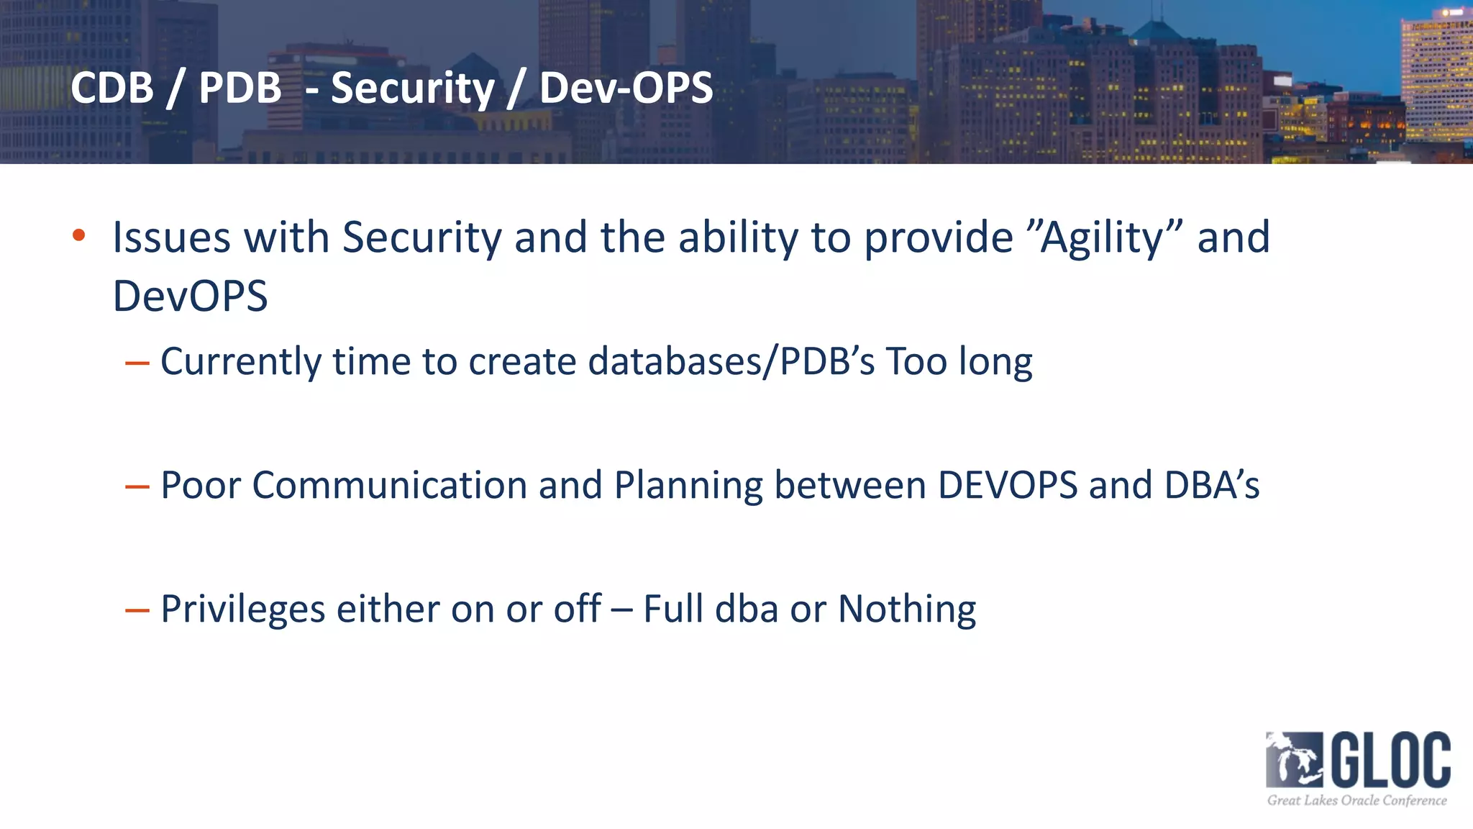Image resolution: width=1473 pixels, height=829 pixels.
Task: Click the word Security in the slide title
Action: click(413, 89)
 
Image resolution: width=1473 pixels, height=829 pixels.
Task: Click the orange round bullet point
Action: click(79, 235)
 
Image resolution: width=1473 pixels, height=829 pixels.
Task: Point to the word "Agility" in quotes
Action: click(1105, 237)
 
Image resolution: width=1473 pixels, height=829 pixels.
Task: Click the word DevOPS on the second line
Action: click(191, 296)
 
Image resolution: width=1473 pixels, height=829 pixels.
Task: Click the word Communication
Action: click(390, 485)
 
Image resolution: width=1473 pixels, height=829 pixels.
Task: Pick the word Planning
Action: click(688, 486)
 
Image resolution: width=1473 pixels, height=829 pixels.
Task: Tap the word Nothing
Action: click(907, 610)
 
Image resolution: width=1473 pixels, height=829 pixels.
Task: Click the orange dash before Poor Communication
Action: click(137, 487)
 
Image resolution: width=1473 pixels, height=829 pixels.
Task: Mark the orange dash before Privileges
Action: click(137, 611)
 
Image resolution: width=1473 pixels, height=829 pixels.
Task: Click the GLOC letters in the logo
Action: click(1391, 760)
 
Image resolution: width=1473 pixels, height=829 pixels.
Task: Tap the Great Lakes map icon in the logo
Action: click(1294, 760)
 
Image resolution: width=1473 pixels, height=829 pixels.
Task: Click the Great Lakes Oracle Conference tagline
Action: click(1356, 800)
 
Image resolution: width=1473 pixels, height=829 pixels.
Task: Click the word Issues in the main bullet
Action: click(171, 237)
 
